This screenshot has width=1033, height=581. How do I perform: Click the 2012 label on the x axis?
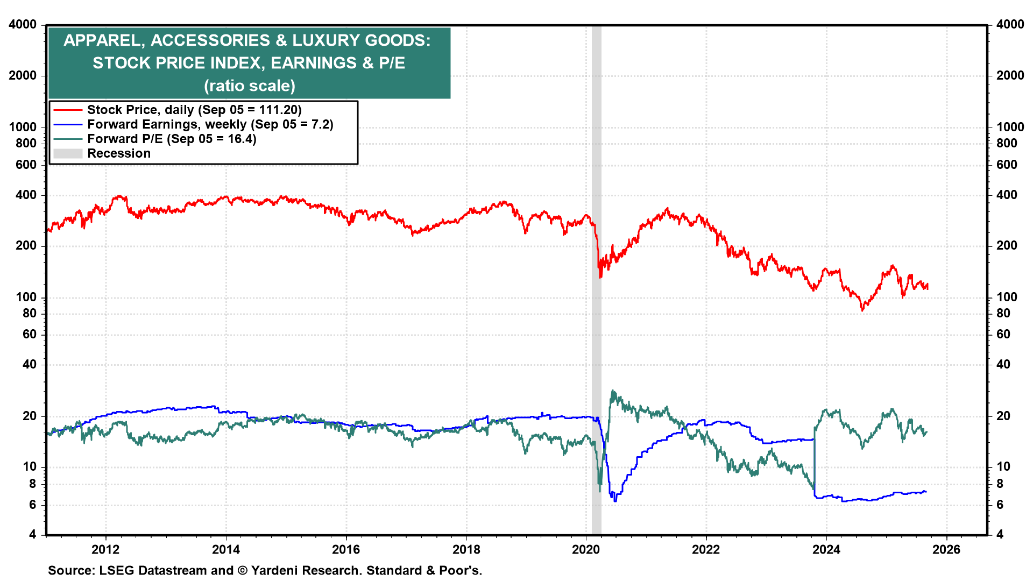tap(105, 549)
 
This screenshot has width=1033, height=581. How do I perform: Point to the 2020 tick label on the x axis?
tap(586, 549)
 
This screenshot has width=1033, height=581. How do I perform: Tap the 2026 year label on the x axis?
tap(946, 549)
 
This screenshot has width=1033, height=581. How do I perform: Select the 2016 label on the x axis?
tap(346, 549)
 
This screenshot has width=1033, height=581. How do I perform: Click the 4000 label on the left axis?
tap(23, 25)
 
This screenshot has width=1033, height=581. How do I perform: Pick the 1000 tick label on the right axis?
tap(1010, 127)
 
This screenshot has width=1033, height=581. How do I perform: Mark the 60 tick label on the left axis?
tap(30, 334)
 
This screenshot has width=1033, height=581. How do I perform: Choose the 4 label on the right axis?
tap(1000, 534)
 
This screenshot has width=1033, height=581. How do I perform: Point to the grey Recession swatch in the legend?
tap(68, 153)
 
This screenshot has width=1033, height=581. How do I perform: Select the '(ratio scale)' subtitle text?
tap(250, 86)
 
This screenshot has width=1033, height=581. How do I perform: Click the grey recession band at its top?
tap(596, 29)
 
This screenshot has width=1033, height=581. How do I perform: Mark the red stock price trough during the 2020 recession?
tap(600, 277)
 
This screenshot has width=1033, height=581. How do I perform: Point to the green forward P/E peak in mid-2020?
tap(613, 392)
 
